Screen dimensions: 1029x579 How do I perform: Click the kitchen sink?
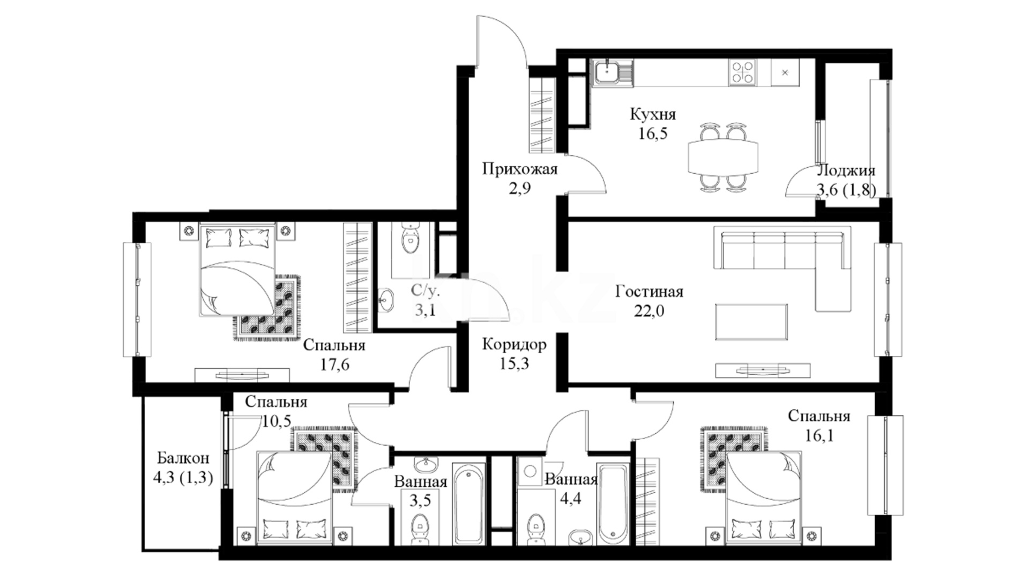coord(612,73)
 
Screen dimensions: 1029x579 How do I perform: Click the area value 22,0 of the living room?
coord(649,311)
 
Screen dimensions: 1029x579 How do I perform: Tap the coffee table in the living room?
coord(751,322)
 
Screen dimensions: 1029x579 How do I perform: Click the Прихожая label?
coord(520,169)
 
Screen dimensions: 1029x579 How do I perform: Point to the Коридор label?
coord(514,344)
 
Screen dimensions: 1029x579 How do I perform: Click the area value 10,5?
coord(277,421)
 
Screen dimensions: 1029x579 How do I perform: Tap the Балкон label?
coord(183,458)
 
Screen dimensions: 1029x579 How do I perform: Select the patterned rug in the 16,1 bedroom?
coord(733,459)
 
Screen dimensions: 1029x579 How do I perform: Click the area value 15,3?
coord(514,364)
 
